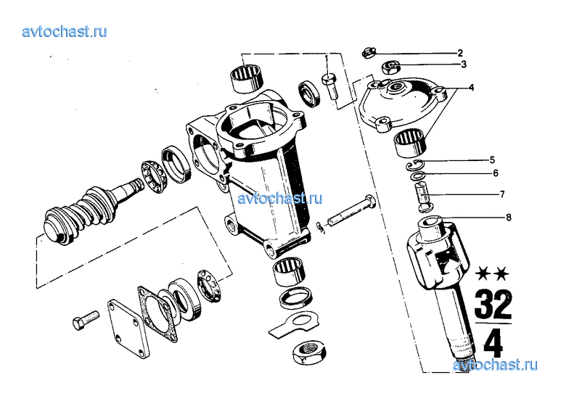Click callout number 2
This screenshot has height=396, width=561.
[460, 53]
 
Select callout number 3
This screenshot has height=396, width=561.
[464, 65]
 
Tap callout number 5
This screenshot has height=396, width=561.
[492, 160]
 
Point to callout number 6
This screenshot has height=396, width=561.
[496, 173]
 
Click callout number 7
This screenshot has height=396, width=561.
[502, 194]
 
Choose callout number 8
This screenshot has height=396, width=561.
[509, 218]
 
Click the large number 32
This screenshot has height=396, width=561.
[494, 304]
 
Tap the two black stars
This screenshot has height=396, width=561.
[492, 274]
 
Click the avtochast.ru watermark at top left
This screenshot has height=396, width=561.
[65, 31]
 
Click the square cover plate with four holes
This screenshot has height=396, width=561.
[128, 329]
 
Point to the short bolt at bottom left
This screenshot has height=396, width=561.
[86, 320]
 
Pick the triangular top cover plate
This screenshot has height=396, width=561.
[404, 104]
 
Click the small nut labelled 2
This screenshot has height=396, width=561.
[369, 53]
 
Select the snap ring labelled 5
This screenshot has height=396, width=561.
[415, 165]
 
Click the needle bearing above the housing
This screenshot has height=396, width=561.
[247, 78]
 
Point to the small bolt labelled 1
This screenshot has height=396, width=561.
[329, 86]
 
